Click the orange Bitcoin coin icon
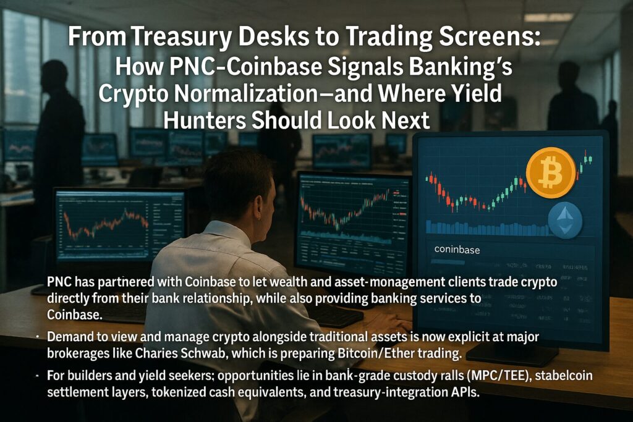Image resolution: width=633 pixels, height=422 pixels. tap(551, 172)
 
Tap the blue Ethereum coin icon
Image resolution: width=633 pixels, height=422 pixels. tap(565, 221)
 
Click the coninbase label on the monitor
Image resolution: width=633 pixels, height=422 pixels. tap(457, 250)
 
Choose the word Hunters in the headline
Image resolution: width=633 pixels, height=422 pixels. tap(203, 120)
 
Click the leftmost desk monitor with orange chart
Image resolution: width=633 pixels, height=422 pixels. tap(120, 226)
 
